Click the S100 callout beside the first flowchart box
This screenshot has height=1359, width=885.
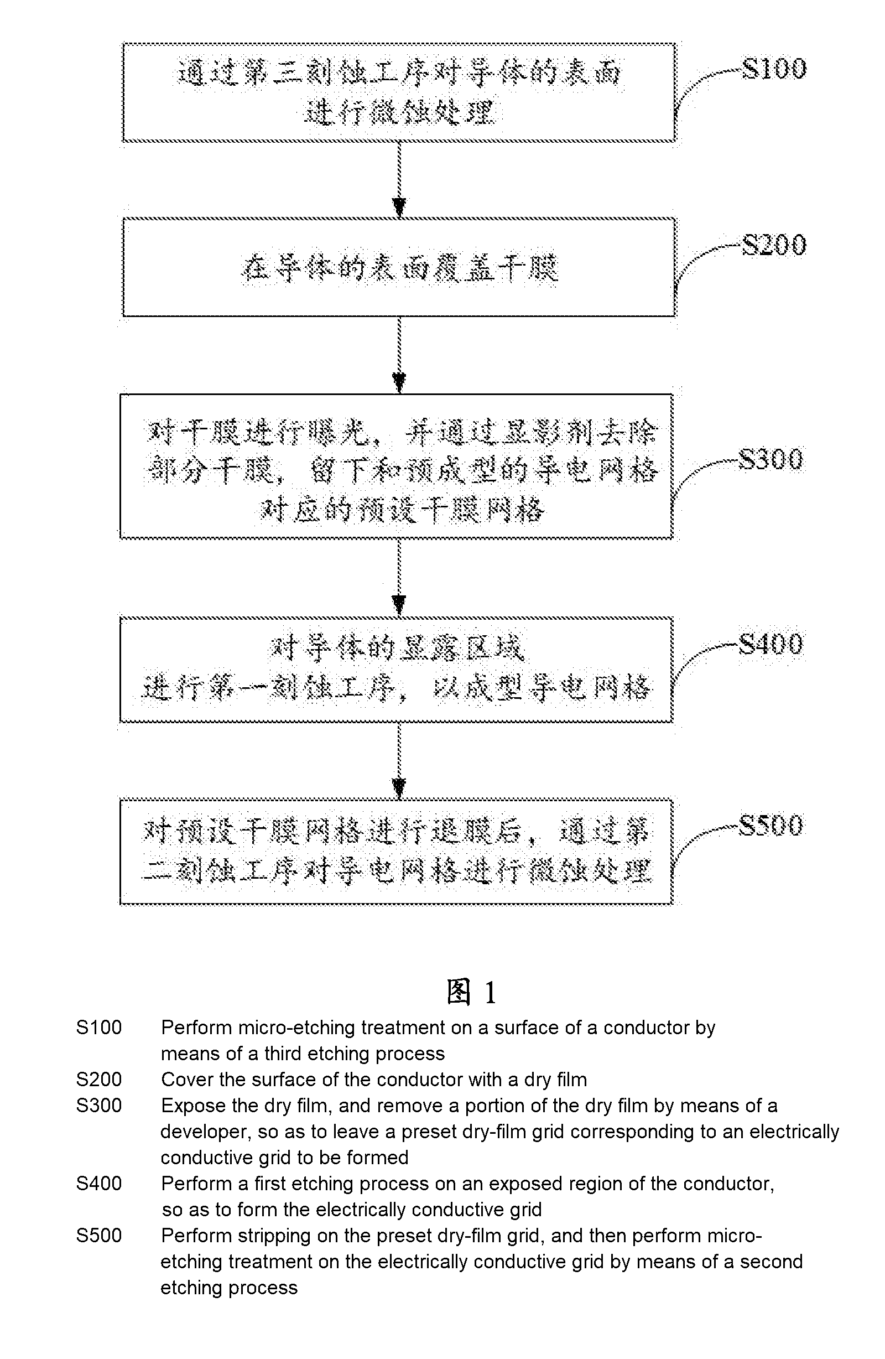coord(774,69)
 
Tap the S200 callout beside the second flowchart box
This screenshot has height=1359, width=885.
coord(774,245)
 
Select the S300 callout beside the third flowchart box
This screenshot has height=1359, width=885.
coord(771,460)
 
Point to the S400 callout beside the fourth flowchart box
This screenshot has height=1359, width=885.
coord(771,644)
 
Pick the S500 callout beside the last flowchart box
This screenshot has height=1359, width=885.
coord(771,825)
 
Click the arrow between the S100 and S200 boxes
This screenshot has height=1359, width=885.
coord(399,180)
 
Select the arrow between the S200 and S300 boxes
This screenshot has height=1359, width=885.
coord(399,355)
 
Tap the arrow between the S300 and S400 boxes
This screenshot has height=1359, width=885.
coord(399,578)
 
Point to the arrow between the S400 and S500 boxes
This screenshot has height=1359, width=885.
coord(399,761)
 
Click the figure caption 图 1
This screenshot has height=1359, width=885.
coord(471,992)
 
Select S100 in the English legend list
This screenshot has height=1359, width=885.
coord(99,1028)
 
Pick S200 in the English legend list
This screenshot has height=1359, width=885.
coord(99,1080)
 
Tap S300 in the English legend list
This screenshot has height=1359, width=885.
coord(99,1106)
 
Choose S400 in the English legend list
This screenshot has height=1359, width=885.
coord(99,1184)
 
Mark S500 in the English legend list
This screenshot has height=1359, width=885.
coord(99,1236)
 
